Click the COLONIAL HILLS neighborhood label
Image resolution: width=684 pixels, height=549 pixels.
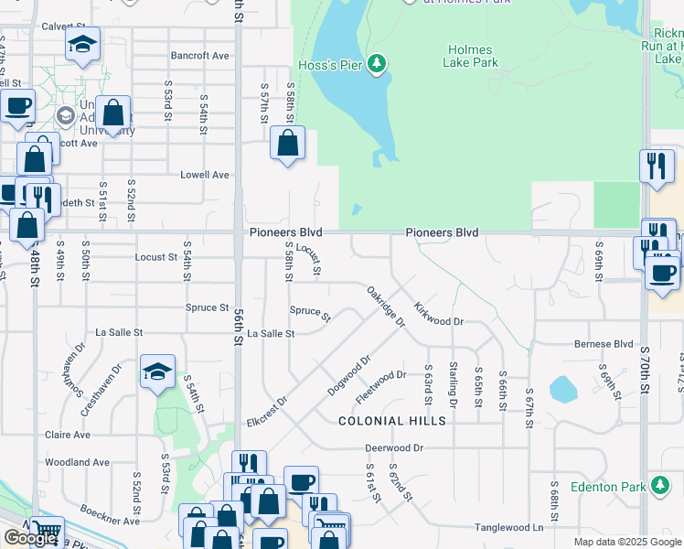(391, 421)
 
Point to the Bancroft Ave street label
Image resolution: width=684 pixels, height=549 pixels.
(200, 56)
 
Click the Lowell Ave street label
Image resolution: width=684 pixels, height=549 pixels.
(204, 175)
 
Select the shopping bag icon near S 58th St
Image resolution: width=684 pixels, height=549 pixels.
(288, 144)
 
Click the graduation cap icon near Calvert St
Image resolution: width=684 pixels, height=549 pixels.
(82, 45)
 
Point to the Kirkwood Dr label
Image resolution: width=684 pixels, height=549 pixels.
(438, 315)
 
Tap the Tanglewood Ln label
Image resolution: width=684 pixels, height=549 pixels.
(508, 528)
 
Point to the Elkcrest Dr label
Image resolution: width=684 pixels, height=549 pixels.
(267, 413)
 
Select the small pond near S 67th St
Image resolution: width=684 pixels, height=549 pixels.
(562, 390)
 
